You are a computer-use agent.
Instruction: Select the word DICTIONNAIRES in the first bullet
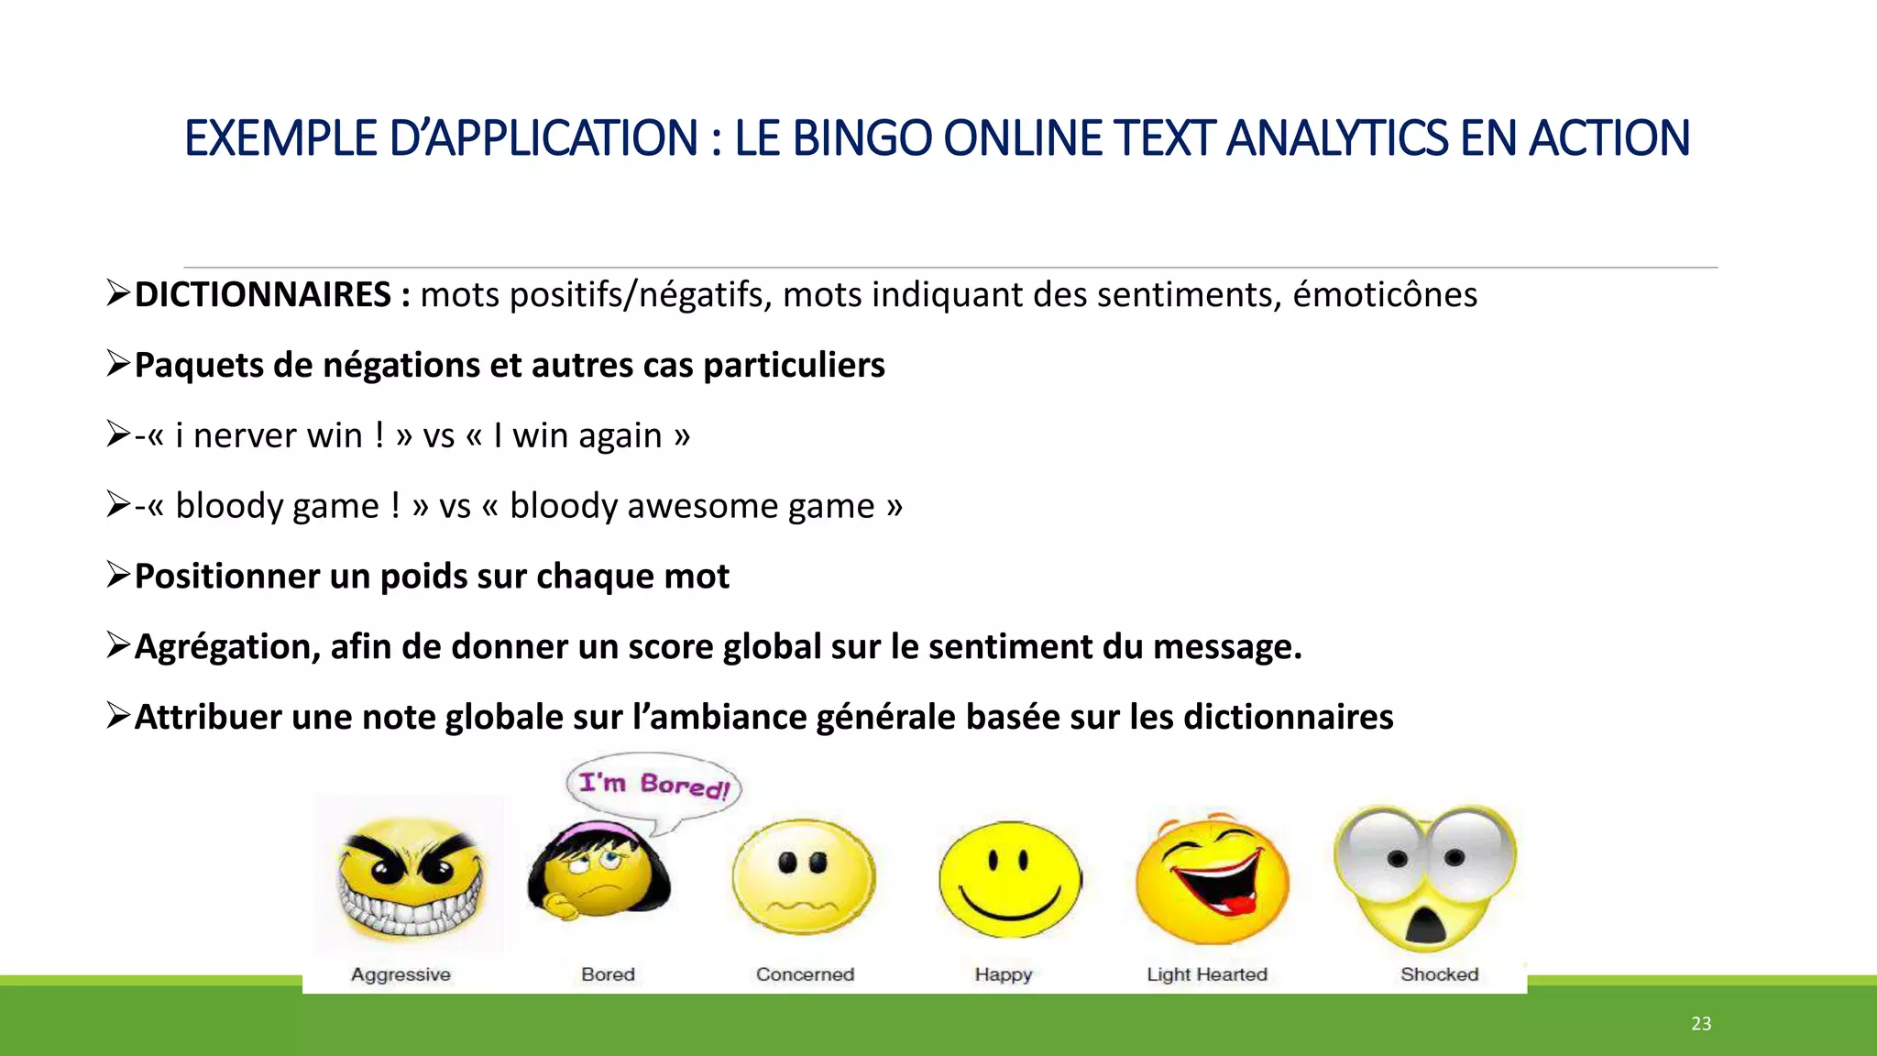(x=262, y=295)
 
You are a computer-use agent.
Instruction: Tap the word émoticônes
(x=1385, y=295)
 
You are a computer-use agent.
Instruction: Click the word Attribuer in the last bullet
(x=208, y=718)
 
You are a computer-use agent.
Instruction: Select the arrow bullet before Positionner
(x=118, y=575)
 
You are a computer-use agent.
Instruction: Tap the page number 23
(x=1701, y=1024)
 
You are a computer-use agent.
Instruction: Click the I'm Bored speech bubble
(x=653, y=785)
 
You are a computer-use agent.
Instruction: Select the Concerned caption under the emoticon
(x=805, y=974)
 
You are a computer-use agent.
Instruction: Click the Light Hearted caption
(x=1207, y=974)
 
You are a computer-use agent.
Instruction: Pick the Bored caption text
(x=608, y=974)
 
